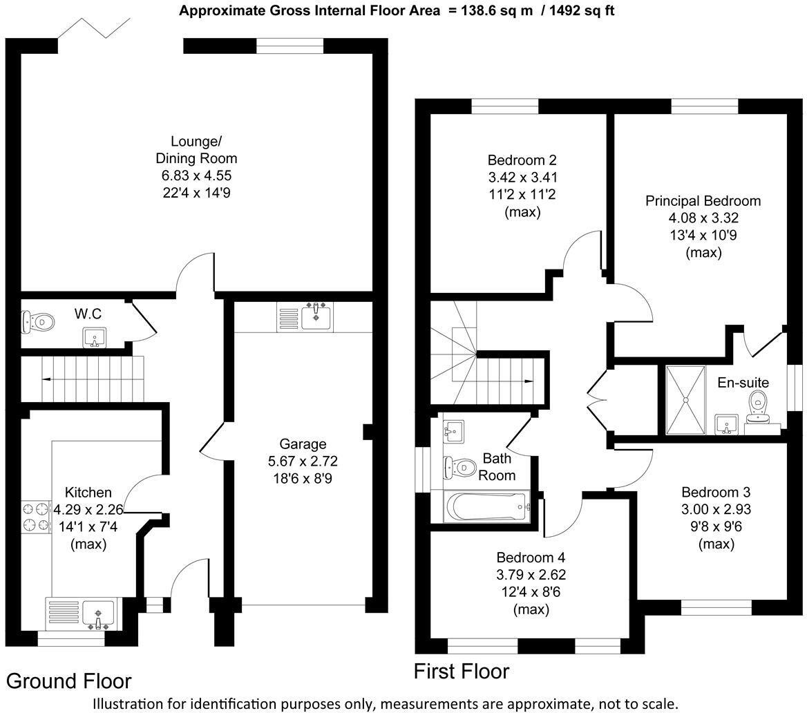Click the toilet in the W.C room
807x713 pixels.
click(x=38, y=321)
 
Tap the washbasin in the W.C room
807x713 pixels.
click(x=95, y=337)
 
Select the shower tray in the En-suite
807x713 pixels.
click(x=685, y=400)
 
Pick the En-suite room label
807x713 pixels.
click(x=743, y=383)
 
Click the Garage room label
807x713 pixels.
click(x=303, y=444)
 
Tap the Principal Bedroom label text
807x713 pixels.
click(x=703, y=201)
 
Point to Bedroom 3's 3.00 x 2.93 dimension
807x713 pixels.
click(x=716, y=510)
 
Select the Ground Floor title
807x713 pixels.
click(x=69, y=681)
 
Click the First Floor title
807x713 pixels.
click(x=461, y=671)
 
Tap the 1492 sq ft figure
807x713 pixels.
click(x=580, y=10)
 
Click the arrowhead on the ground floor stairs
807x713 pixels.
click(x=46, y=379)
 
